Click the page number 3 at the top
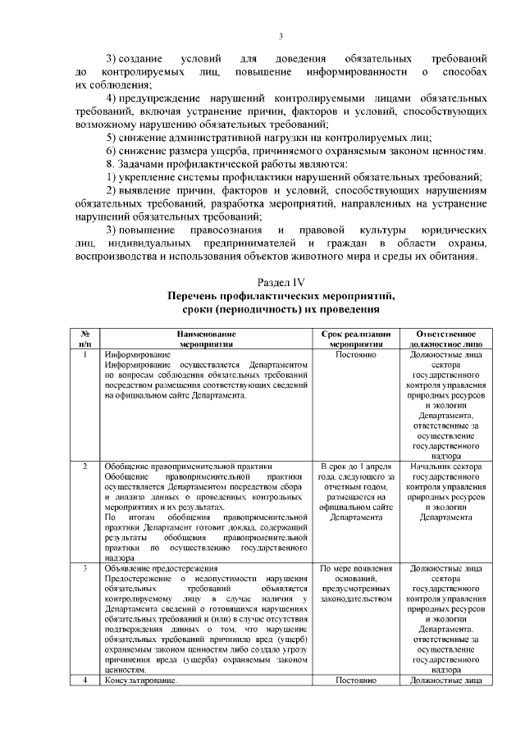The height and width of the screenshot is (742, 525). click(x=281, y=35)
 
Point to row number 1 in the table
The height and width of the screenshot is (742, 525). click(x=84, y=355)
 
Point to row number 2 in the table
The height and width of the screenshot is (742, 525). click(x=84, y=467)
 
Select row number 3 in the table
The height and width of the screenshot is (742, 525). click(x=84, y=567)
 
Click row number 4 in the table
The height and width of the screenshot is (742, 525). click(x=84, y=680)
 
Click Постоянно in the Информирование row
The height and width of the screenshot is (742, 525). click(x=356, y=355)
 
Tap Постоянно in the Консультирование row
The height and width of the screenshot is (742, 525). click(x=356, y=680)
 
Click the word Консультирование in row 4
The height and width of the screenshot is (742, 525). click(x=140, y=680)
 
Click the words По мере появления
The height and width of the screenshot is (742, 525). click(x=356, y=567)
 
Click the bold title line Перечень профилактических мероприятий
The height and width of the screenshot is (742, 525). click(x=281, y=296)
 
